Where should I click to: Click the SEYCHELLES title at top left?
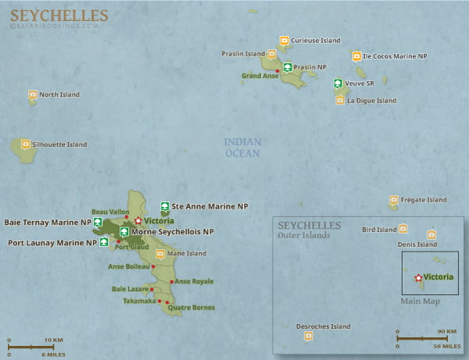click(59, 16)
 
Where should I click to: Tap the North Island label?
click(59, 94)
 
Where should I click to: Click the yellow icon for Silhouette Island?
click(26, 144)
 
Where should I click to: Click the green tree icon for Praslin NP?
click(288, 68)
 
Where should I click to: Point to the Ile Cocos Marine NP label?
click(394, 56)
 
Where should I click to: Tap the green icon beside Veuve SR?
click(338, 84)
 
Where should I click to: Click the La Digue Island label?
click(371, 101)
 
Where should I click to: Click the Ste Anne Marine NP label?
click(209, 206)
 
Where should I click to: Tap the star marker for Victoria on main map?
click(138, 221)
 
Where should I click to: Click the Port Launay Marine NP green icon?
click(104, 243)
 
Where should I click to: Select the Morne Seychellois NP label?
click(172, 232)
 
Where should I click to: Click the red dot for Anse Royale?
click(172, 281)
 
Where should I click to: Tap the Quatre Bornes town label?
click(191, 308)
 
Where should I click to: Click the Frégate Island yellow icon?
click(394, 200)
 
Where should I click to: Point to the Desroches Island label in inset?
click(323, 326)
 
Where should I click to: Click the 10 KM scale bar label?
click(53, 340)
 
